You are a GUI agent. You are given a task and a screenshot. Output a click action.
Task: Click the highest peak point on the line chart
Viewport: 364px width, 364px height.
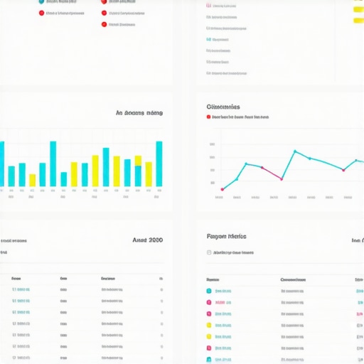pyautogui.click(x=294, y=151)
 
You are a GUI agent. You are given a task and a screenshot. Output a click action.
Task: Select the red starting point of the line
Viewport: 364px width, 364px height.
pyautogui.click(x=222, y=189)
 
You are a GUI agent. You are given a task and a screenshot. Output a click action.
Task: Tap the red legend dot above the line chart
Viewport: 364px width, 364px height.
pyautogui.click(x=208, y=117)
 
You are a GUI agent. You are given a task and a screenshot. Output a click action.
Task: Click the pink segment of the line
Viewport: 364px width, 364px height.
pyautogui.click(x=272, y=173)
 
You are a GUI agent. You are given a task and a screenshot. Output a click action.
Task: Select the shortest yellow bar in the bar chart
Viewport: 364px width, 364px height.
pyautogui.click(x=32, y=181)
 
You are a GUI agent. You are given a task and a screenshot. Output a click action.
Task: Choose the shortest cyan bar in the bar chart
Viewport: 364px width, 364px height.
pyautogui.click(x=64, y=179)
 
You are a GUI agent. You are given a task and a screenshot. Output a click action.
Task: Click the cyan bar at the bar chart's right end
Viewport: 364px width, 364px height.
pyautogui.click(x=159, y=164)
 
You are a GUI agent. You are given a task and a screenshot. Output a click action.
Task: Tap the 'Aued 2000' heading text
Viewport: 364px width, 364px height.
pyautogui.click(x=147, y=240)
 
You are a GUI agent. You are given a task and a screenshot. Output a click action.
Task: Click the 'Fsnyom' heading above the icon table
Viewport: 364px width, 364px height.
pyautogui.click(x=226, y=236)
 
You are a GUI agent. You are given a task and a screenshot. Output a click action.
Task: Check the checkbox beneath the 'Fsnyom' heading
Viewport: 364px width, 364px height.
pyautogui.click(x=209, y=252)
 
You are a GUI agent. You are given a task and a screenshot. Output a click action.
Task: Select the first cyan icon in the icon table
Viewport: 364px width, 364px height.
pyautogui.click(x=209, y=291)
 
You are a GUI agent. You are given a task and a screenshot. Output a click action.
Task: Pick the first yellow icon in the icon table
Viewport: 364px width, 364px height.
pyautogui.click(x=209, y=325)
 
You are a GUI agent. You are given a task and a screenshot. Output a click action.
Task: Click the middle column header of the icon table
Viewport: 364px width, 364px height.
pyautogui.click(x=293, y=279)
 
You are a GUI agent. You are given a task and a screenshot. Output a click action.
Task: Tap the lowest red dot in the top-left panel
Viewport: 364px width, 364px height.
pyautogui.click(x=104, y=24)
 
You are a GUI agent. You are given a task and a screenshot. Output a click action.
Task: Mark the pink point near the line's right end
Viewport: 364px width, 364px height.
pyautogui.click(x=343, y=169)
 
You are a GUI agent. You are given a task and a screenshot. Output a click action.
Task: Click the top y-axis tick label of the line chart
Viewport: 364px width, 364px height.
pyautogui.click(x=213, y=145)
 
